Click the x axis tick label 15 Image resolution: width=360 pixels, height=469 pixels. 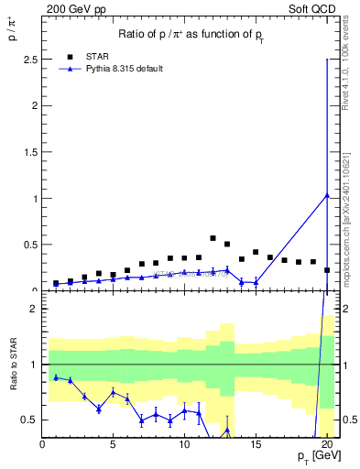click(256, 444)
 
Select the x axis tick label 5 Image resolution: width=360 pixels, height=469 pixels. click(113, 444)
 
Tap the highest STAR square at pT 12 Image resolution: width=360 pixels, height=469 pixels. click(213, 238)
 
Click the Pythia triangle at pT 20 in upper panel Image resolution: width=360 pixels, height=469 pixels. click(326, 194)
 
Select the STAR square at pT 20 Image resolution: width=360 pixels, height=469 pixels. click(326, 270)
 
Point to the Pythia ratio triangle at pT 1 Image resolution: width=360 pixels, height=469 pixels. click(56, 377)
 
